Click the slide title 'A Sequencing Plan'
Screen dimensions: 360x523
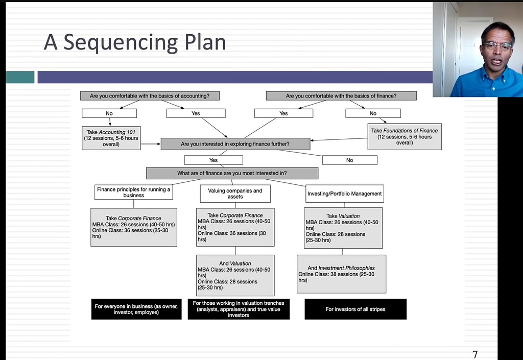click(x=135, y=42)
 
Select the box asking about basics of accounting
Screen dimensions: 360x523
click(x=150, y=95)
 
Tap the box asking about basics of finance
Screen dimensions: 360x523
click(x=341, y=95)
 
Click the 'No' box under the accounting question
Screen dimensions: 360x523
click(x=109, y=113)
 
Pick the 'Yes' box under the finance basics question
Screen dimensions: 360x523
click(x=283, y=113)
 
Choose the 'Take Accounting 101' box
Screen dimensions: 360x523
click(x=111, y=138)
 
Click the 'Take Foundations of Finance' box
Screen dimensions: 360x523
click(x=405, y=137)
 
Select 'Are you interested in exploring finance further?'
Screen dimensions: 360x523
click(x=235, y=144)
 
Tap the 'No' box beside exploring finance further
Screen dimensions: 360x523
click(x=349, y=160)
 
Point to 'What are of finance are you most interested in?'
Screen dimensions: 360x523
click(x=232, y=173)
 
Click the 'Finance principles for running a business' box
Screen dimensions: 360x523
click(x=133, y=193)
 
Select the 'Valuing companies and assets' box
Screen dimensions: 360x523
click(x=235, y=194)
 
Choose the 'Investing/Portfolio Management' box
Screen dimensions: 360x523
click(x=344, y=194)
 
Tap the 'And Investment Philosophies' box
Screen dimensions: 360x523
click(x=341, y=274)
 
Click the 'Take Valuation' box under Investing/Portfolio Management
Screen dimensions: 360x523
click(x=343, y=228)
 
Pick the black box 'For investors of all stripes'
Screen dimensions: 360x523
click(x=355, y=309)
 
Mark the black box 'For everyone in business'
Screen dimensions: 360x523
click(x=136, y=309)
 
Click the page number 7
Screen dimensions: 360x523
click(x=475, y=354)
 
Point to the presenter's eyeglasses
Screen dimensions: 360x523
click(x=496, y=46)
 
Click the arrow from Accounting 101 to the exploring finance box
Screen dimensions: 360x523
click(x=151, y=144)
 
